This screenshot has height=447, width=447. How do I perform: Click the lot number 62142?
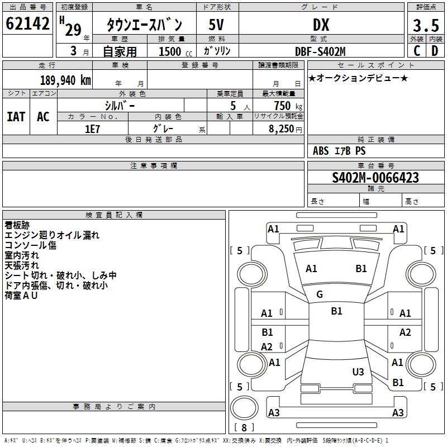(x=27, y=25)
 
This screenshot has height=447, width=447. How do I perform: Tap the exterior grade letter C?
(x=416, y=50)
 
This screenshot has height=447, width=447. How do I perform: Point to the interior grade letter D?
(x=435, y=50)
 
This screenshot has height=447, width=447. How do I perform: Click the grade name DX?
(x=321, y=25)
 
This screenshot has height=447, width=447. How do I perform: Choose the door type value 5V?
(x=217, y=25)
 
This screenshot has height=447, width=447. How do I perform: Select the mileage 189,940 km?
(x=65, y=80)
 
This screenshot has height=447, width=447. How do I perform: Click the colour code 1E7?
(x=92, y=128)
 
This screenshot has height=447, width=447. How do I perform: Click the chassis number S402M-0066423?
(x=375, y=178)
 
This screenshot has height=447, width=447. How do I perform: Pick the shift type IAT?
(x=16, y=116)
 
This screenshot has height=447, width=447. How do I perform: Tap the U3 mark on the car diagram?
(x=358, y=372)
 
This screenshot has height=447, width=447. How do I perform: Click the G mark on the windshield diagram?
(x=320, y=294)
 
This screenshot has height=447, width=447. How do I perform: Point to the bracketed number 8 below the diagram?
(x=244, y=427)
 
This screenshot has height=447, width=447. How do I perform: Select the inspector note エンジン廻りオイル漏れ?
(x=52, y=235)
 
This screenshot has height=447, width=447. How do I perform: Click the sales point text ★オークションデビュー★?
(x=358, y=78)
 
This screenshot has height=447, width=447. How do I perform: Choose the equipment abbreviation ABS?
(x=321, y=151)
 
